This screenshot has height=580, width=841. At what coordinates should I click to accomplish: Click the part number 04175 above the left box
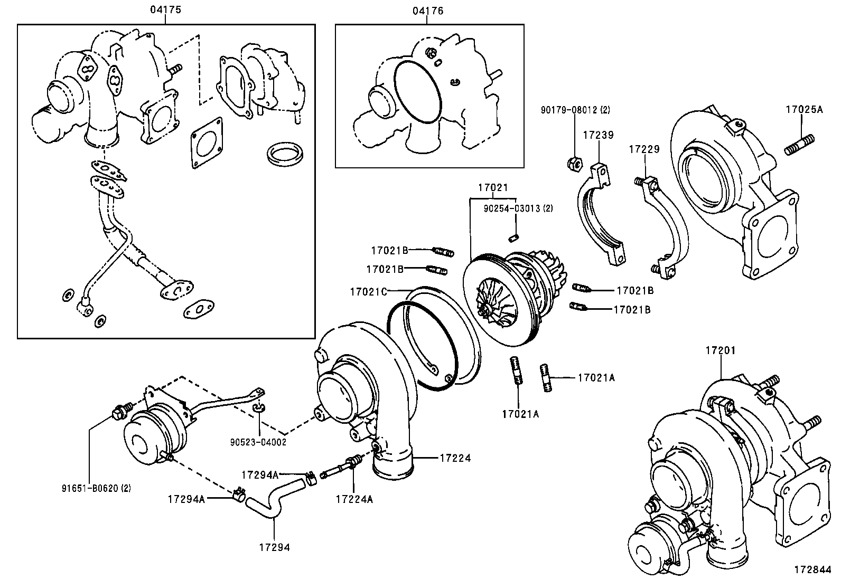[x=164, y=10]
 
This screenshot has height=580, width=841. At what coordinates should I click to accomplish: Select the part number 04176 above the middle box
[x=428, y=10]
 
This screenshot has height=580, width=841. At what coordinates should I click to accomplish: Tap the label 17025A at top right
[x=803, y=110]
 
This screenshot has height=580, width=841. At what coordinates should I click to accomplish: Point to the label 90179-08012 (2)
[x=575, y=110]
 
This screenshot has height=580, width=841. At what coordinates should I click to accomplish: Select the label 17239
[x=598, y=135]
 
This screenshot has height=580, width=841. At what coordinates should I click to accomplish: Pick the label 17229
[x=644, y=149]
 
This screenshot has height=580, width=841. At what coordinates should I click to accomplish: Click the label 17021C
[x=368, y=291]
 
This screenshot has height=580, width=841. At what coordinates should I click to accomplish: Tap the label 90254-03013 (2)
[x=518, y=208]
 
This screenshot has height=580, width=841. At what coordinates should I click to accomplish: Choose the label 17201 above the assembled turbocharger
[x=721, y=350]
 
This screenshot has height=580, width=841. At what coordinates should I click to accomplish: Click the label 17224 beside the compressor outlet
[x=454, y=458]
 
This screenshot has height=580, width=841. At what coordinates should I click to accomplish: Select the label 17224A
[x=353, y=499]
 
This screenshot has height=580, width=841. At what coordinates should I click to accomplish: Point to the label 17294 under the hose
[x=275, y=547]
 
